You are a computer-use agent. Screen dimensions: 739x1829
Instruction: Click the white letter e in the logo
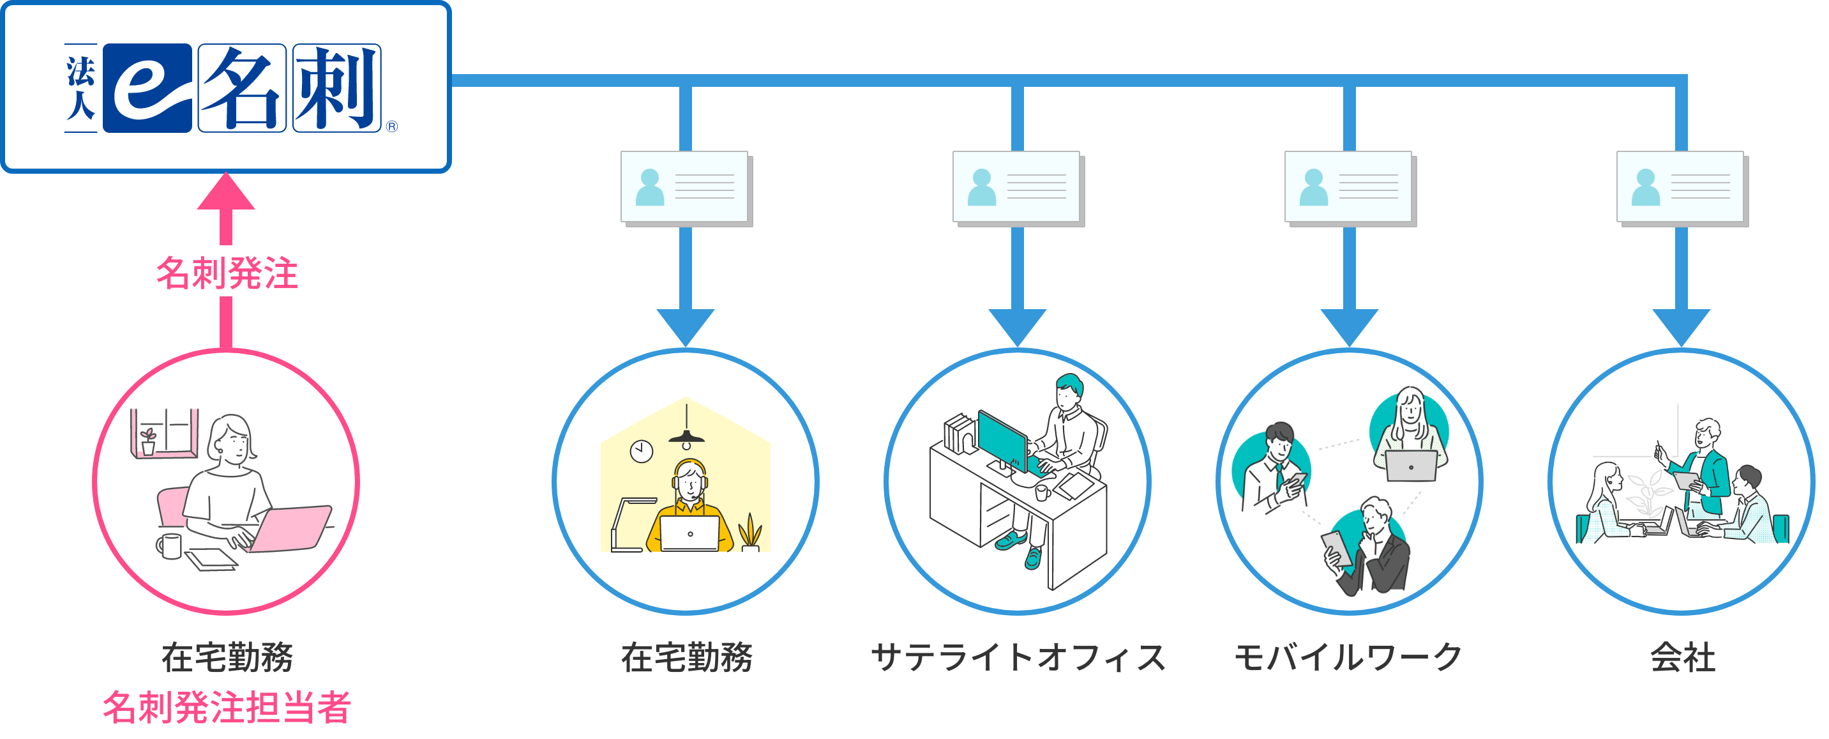147,89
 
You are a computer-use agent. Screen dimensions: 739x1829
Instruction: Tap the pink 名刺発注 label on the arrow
226,272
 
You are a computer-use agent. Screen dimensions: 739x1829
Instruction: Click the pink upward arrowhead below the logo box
226,192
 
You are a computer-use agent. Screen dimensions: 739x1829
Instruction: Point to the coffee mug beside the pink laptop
169,545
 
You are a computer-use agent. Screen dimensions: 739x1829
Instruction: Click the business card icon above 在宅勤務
686,188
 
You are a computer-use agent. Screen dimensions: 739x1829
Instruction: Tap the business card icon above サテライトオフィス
1018,188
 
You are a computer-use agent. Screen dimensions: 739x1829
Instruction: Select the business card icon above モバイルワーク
1349,188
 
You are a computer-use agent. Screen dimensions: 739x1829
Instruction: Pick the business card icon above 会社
1682,188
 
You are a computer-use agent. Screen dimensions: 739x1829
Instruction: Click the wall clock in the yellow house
641,450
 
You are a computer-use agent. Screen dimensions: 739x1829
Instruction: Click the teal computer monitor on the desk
1001,441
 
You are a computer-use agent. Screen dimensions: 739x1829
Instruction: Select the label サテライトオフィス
1018,657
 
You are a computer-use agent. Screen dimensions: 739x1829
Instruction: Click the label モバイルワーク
1348,657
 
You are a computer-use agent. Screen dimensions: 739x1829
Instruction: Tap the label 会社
1682,657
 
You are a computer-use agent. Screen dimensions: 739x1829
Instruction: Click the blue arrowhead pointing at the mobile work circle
1349,327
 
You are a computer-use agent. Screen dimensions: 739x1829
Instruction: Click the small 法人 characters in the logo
80,88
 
